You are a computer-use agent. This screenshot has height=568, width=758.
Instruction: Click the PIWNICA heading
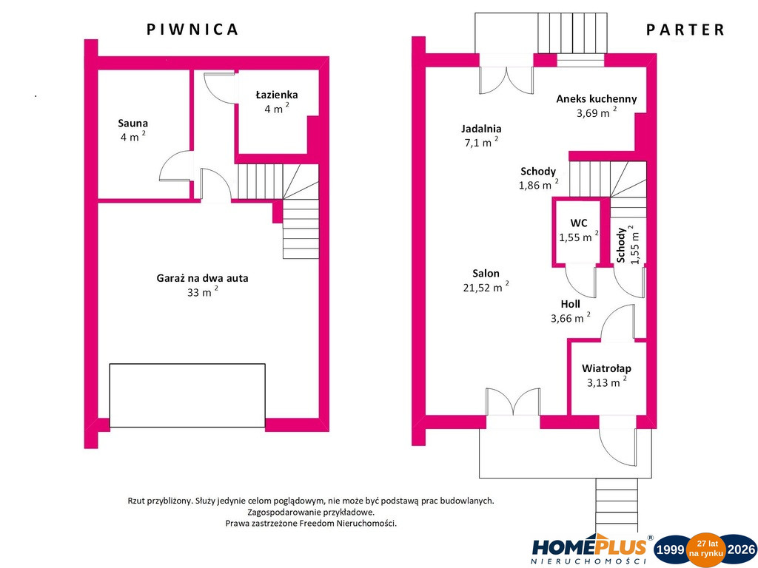[x=192, y=30]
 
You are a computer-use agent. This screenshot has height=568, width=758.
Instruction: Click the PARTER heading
[x=685, y=30]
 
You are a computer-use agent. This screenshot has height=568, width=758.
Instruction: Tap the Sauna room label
[x=133, y=124]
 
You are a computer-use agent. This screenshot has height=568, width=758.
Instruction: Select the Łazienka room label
[x=277, y=95]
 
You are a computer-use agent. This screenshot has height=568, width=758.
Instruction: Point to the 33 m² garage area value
[x=203, y=291]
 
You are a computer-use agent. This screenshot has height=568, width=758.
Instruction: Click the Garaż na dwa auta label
[x=202, y=278]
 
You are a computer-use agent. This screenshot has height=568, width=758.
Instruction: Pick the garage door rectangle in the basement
[x=187, y=396]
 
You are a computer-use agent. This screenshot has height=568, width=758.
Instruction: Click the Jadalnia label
[x=481, y=129]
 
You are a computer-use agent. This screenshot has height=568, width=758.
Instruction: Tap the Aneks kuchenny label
[x=597, y=99]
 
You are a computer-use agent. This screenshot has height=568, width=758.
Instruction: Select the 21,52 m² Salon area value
[x=486, y=287]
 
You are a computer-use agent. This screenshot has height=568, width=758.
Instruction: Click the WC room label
[x=579, y=223]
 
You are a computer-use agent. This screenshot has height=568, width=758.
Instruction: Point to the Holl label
[x=571, y=304]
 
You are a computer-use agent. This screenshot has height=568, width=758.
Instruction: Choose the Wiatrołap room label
[x=607, y=368]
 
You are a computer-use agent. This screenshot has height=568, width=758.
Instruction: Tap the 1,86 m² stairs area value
[x=539, y=184]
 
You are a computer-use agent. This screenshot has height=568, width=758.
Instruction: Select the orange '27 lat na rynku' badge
[x=706, y=550]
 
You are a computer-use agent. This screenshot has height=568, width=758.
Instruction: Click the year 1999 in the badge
[x=669, y=550]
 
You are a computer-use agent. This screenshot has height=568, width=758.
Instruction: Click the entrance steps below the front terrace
[x=617, y=498]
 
